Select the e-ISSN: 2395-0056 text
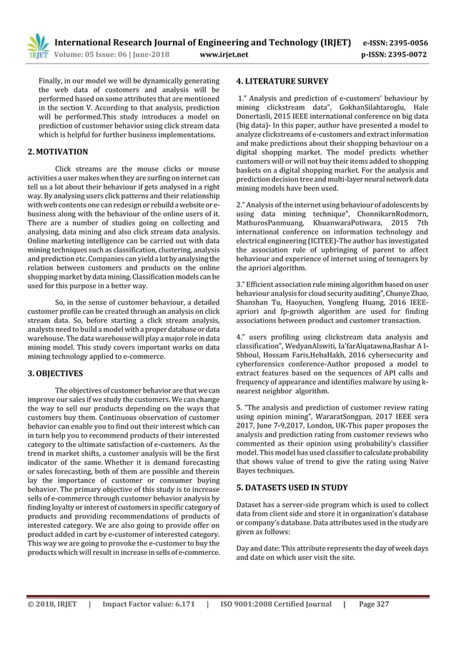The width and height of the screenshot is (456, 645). (x=395, y=41)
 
